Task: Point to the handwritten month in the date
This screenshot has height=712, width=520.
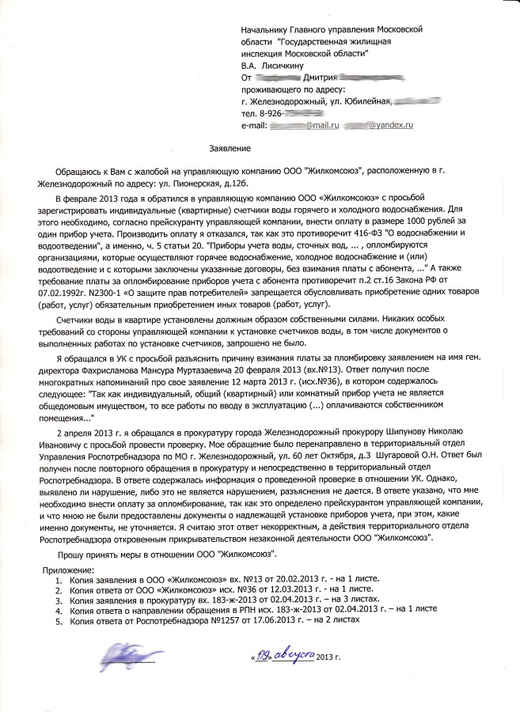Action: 293,654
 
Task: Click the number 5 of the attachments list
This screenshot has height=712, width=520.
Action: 58,620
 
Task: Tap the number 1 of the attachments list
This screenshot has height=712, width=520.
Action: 58,580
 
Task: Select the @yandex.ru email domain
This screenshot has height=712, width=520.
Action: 392,126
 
